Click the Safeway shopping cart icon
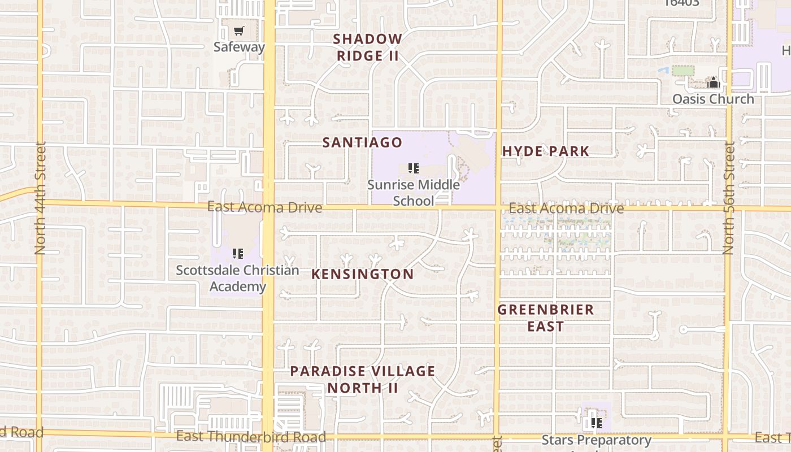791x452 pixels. [239, 31]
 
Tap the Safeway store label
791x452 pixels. [239, 47]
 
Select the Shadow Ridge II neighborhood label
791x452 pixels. [368, 47]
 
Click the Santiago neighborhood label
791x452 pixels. [362, 142]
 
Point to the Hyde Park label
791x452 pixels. [546, 151]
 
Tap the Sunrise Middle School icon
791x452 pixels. [414, 168]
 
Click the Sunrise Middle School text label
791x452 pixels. [414, 193]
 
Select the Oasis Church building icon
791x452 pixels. [714, 83]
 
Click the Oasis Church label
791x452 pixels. [713, 99]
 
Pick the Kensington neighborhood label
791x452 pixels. [362, 274]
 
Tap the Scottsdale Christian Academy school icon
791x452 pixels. [238, 254]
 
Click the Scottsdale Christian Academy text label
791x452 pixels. [237, 278]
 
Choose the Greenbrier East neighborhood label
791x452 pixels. [546, 318]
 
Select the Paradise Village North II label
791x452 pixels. [363, 379]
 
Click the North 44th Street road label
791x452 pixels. [40, 198]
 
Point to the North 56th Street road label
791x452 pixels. [729, 199]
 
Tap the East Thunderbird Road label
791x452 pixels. [251, 437]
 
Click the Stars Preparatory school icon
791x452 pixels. [596, 423]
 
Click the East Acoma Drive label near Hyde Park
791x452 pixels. [566, 208]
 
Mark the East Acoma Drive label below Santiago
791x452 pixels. [264, 207]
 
